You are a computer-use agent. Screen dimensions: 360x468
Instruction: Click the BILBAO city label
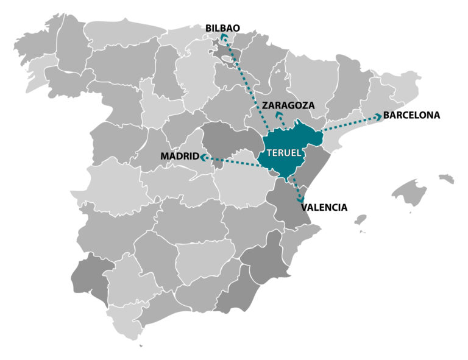click(x=222, y=27)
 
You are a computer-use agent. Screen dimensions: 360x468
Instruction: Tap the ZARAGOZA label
click(x=288, y=105)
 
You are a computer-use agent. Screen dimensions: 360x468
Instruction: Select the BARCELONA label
click(x=411, y=115)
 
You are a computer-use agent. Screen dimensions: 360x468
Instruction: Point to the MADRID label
click(x=179, y=157)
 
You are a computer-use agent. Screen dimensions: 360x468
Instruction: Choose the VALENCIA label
click(x=324, y=207)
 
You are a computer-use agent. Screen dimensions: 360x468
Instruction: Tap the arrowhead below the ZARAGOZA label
click(x=280, y=115)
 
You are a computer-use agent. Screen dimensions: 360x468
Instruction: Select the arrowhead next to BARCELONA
click(x=378, y=117)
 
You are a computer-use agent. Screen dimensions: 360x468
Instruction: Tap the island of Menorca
click(x=446, y=178)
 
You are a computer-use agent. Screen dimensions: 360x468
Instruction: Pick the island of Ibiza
click(x=361, y=219)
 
